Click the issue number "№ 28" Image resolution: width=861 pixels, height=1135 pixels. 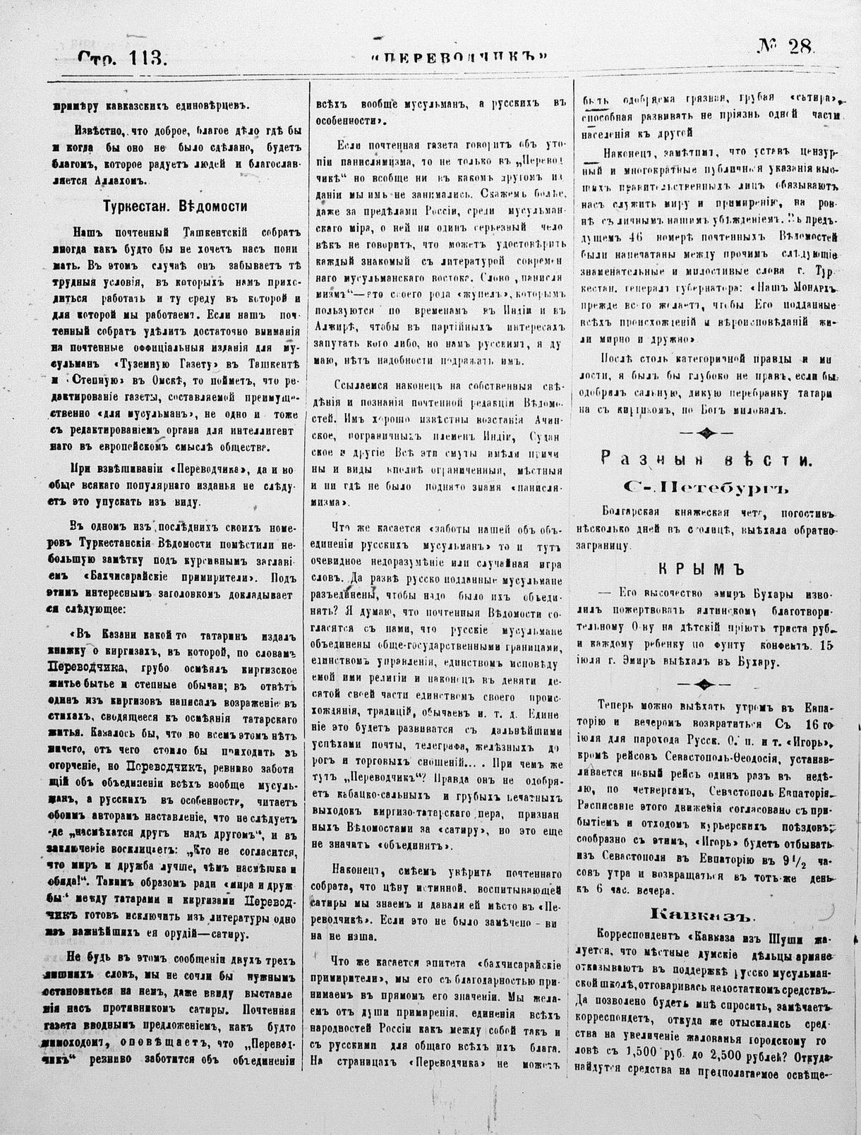785,48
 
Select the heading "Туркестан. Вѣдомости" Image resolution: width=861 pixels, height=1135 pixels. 174,207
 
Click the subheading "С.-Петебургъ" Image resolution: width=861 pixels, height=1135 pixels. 704,486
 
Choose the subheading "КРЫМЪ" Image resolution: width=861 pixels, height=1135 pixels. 704,570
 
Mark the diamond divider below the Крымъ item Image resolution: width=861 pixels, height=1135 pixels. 704,683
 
